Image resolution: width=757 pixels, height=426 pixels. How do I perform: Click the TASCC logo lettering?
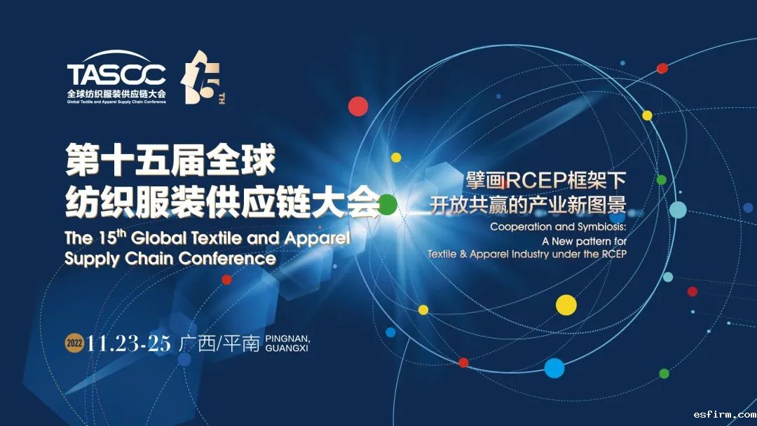pyautogui.click(x=116, y=74)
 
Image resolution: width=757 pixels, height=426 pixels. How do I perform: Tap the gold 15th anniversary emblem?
pyautogui.click(x=203, y=77)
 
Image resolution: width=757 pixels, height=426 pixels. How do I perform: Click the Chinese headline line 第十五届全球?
pyautogui.click(x=170, y=160)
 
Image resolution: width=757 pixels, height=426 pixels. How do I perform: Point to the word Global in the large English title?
pyautogui.click(x=158, y=238)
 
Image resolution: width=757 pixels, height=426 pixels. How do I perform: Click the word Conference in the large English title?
pyautogui.click(x=227, y=259)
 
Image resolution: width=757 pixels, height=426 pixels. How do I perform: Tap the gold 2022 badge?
pyautogui.click(x=74, y=343)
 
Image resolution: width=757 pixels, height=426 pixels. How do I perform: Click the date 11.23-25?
pyautogui.click(x=129, y=343)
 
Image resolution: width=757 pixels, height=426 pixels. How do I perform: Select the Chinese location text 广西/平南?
pyautogui.click(x=219, y=343)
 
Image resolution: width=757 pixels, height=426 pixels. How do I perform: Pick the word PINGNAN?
pyautogui.click(x=288, y=338)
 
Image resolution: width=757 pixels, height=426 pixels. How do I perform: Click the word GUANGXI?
pyautogui.click(x=287, y=348)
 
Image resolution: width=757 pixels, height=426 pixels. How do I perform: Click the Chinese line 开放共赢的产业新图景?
pyautogui.click(x=528, y=205)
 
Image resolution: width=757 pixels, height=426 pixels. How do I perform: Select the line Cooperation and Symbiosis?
pyautogui.click(x=558, y=227)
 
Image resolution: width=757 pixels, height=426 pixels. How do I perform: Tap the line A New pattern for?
pyautogui.click(x=584, y=241)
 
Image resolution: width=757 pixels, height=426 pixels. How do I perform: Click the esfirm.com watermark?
pyautogui.click(x=725, y=414)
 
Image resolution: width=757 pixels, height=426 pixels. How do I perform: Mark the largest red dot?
pyautogui.click(x=358, y=106)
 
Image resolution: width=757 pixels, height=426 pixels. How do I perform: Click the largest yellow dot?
pyautogui.click(x=566, y=305)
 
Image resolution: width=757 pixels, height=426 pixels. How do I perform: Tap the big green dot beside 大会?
pyautogui.click(x=387, y=205)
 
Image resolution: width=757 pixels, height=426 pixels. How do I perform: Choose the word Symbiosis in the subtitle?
pyautogui.click(x=599, y=227)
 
